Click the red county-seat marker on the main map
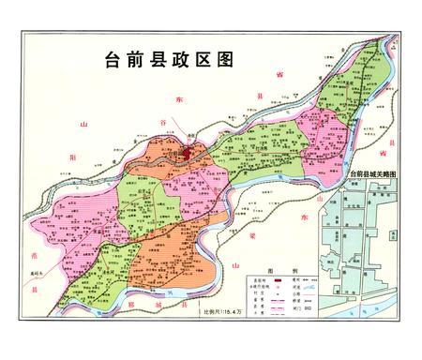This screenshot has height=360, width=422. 188,149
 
